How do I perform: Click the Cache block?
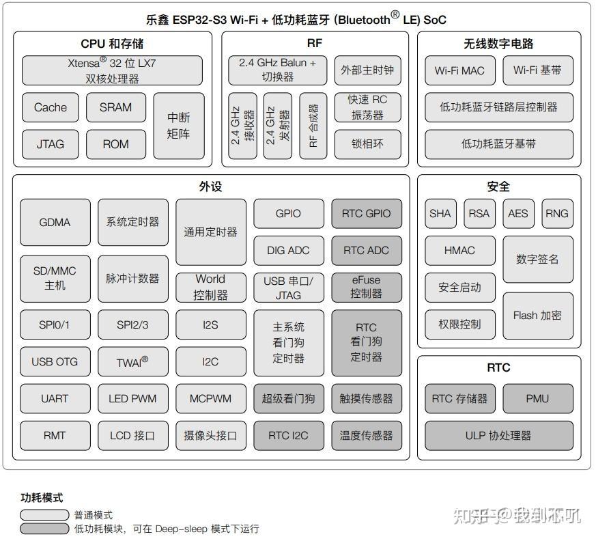point(51,107)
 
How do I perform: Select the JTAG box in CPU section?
point(51,144)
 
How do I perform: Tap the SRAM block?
point(116,107)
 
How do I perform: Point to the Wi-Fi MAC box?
point(460,70)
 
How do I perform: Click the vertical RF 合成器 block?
point(313,126)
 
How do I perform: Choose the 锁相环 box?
point(367,144)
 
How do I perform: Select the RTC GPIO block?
point(367,213)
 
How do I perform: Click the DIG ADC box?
point(289,250)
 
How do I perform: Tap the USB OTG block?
point(55,361)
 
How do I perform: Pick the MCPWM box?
point(210,398)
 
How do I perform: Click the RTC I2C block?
point(289,435)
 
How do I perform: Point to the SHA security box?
point(440,213)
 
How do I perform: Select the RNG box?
point(557,213)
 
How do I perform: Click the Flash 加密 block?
point(538,316)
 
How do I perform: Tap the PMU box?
point(538,398)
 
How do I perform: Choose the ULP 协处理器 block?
point(498,435)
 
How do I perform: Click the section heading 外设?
point(210,186)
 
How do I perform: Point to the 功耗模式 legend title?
point(42,497)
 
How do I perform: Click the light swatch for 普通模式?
point(44,515)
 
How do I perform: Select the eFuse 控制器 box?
point(367,287)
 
